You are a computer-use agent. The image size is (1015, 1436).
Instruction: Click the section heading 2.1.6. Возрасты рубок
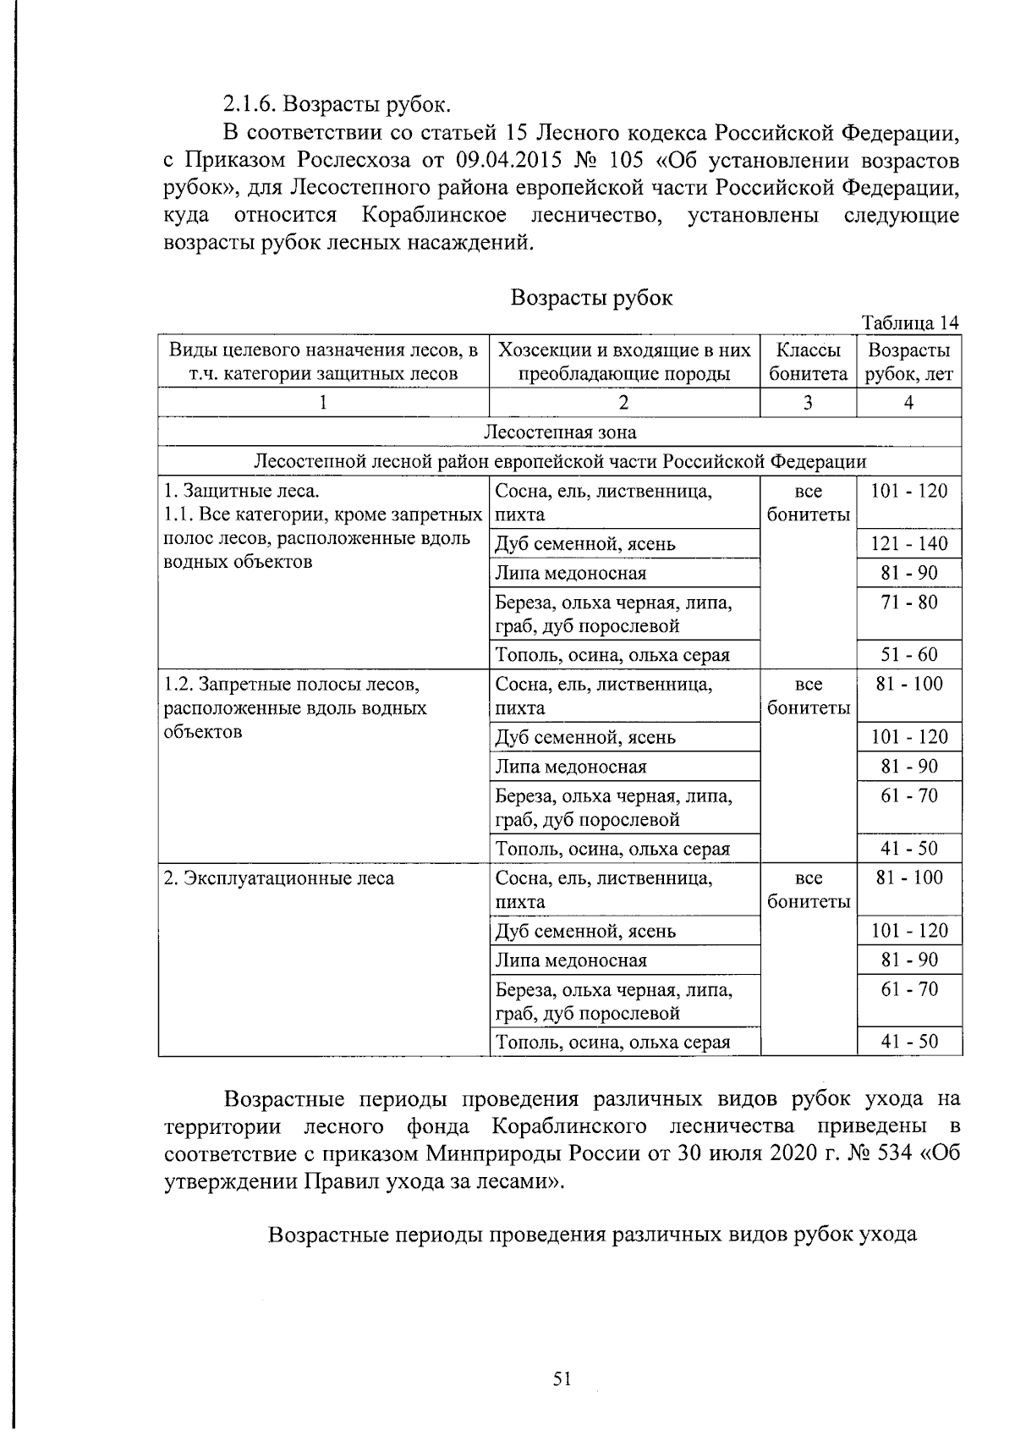point(337,104)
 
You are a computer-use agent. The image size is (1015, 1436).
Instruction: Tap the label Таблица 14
point(910,323)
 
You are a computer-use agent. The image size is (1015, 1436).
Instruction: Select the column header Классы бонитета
point(808,362)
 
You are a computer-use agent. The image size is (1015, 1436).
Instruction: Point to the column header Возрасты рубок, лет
point(908,362)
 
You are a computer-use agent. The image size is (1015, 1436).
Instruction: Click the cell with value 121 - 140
point(909,544)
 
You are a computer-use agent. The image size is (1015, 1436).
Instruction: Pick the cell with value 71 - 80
point(909,602)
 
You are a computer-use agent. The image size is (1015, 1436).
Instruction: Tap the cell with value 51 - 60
point(909,655)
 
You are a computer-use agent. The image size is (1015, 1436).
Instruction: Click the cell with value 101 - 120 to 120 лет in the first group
point(909,491)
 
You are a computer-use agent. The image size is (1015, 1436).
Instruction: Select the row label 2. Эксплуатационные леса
point(279,878)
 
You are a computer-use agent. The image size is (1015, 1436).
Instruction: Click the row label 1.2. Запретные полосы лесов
point(292,684)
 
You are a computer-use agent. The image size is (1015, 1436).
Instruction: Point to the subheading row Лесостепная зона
point(559,432)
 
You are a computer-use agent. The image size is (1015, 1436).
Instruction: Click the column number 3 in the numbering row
point(808,403)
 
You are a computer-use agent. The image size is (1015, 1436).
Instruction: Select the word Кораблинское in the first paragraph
point(434,215)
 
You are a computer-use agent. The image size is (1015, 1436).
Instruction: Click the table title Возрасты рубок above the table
point(591,298)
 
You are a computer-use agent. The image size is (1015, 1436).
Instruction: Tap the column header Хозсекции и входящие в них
point(624,350)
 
